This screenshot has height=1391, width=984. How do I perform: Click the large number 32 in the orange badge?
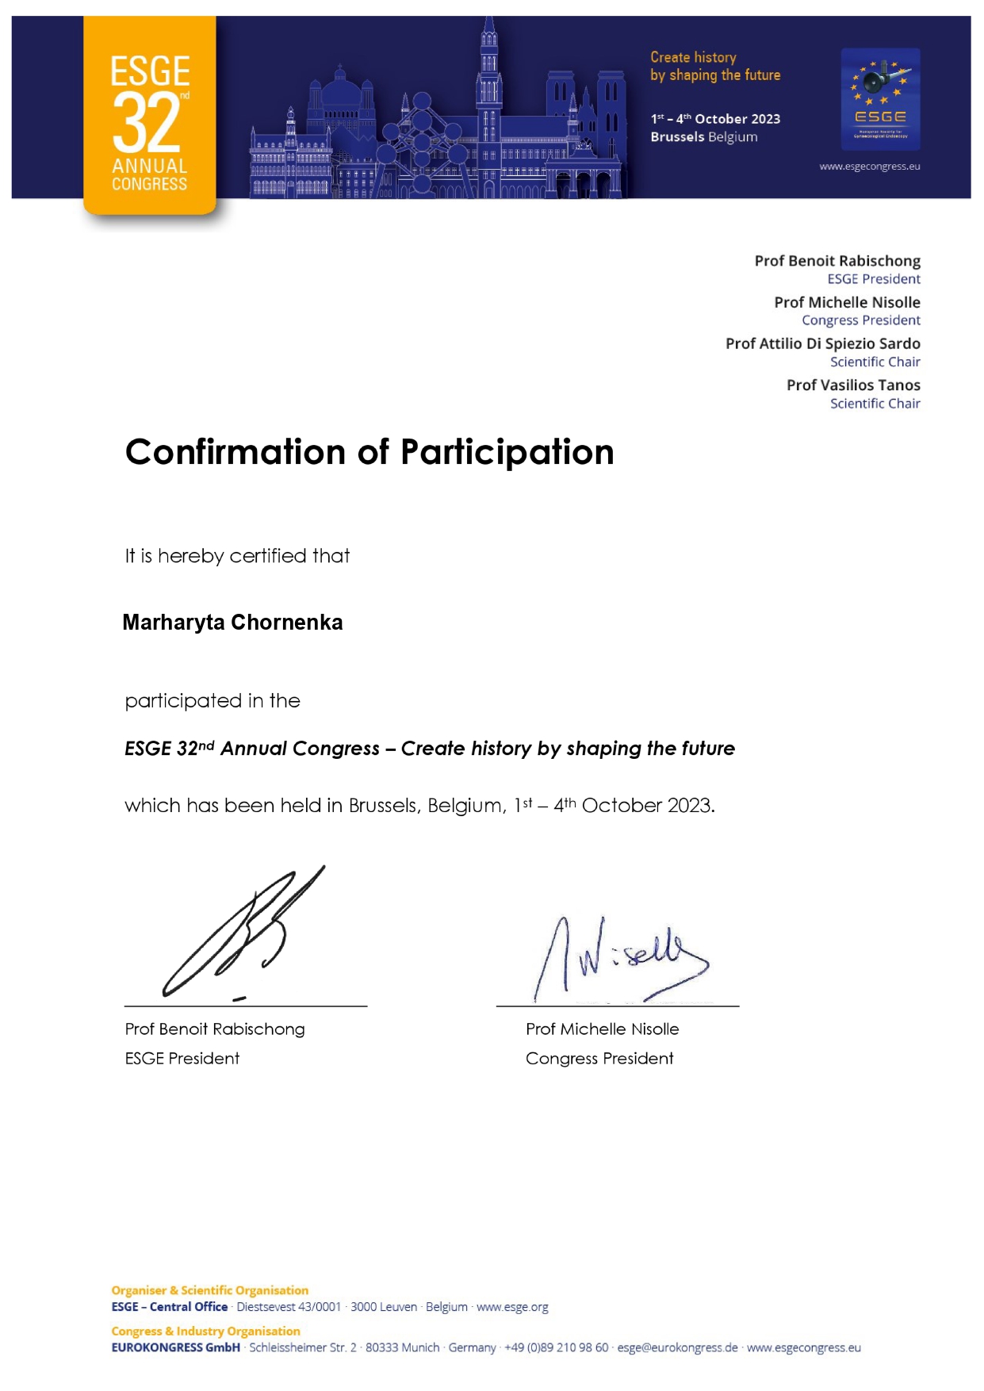click(147, 124)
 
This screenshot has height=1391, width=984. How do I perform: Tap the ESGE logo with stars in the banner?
click(880, 99)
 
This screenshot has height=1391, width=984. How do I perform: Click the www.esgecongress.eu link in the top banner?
click(869, 167)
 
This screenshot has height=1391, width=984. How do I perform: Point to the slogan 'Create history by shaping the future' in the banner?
click(714, 67)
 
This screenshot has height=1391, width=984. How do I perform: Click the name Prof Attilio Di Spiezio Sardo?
click(822, 343)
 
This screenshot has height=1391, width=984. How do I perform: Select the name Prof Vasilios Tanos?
click(853, 385)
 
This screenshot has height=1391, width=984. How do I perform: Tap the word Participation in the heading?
click(507, 452)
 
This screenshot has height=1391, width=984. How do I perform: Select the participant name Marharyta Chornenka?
click(232, 623)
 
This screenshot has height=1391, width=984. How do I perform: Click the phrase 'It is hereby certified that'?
click(237, 556)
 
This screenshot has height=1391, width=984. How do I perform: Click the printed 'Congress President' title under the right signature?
click(599, 1059)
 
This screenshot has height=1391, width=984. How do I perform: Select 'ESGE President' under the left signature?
click(182, 1059)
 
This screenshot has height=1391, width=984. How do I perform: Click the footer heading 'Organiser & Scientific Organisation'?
click(209, 1290)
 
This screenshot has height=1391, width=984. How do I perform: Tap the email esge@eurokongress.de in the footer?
click(677, 1347)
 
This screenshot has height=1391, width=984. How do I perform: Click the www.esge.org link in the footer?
click(512, 1307)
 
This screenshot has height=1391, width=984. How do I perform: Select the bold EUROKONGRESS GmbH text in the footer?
click(175, 1347)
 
